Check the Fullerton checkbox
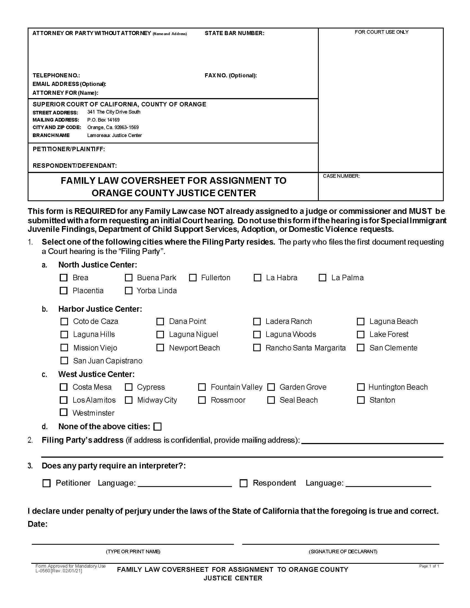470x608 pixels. [193, 277]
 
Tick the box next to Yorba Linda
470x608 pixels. [129, 290]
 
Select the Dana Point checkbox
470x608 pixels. [160, 321]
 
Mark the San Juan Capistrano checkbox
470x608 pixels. [64, 360]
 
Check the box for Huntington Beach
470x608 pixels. [361, 387]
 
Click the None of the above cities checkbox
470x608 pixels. [158, 426]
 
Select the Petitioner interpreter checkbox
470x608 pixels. [46, 483]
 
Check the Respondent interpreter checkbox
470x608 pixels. [244, 483]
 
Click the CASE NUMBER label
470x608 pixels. [341, 176]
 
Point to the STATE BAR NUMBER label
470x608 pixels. [234, 33]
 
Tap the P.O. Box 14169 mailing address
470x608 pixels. [103, 120]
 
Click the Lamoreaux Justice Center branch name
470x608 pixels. [114, 135]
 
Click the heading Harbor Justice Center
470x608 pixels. [100, 309]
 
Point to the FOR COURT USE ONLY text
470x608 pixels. [382, 32]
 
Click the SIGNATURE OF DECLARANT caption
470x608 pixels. [343, 552]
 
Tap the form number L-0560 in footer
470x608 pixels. [43, 571]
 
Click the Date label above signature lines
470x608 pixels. [38, 524]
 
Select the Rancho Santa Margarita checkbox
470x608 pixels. [257, 348]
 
